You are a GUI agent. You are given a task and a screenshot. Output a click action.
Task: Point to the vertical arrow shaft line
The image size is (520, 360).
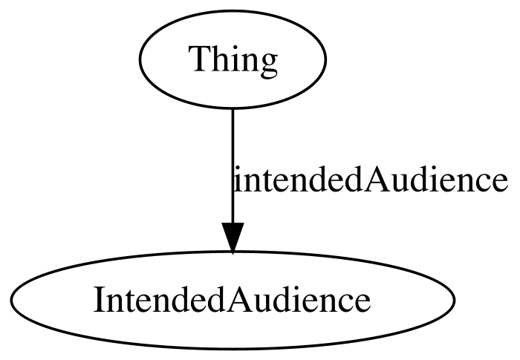pos(233,166)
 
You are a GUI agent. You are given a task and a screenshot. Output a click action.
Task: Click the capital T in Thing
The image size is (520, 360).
pos(200,59)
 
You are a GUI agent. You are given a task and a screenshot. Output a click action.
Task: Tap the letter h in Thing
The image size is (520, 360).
pos(219,58)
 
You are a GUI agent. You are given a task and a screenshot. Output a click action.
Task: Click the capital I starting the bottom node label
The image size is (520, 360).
pos(99,300)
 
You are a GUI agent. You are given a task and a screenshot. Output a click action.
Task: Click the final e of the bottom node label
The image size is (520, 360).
pos(363,304)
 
